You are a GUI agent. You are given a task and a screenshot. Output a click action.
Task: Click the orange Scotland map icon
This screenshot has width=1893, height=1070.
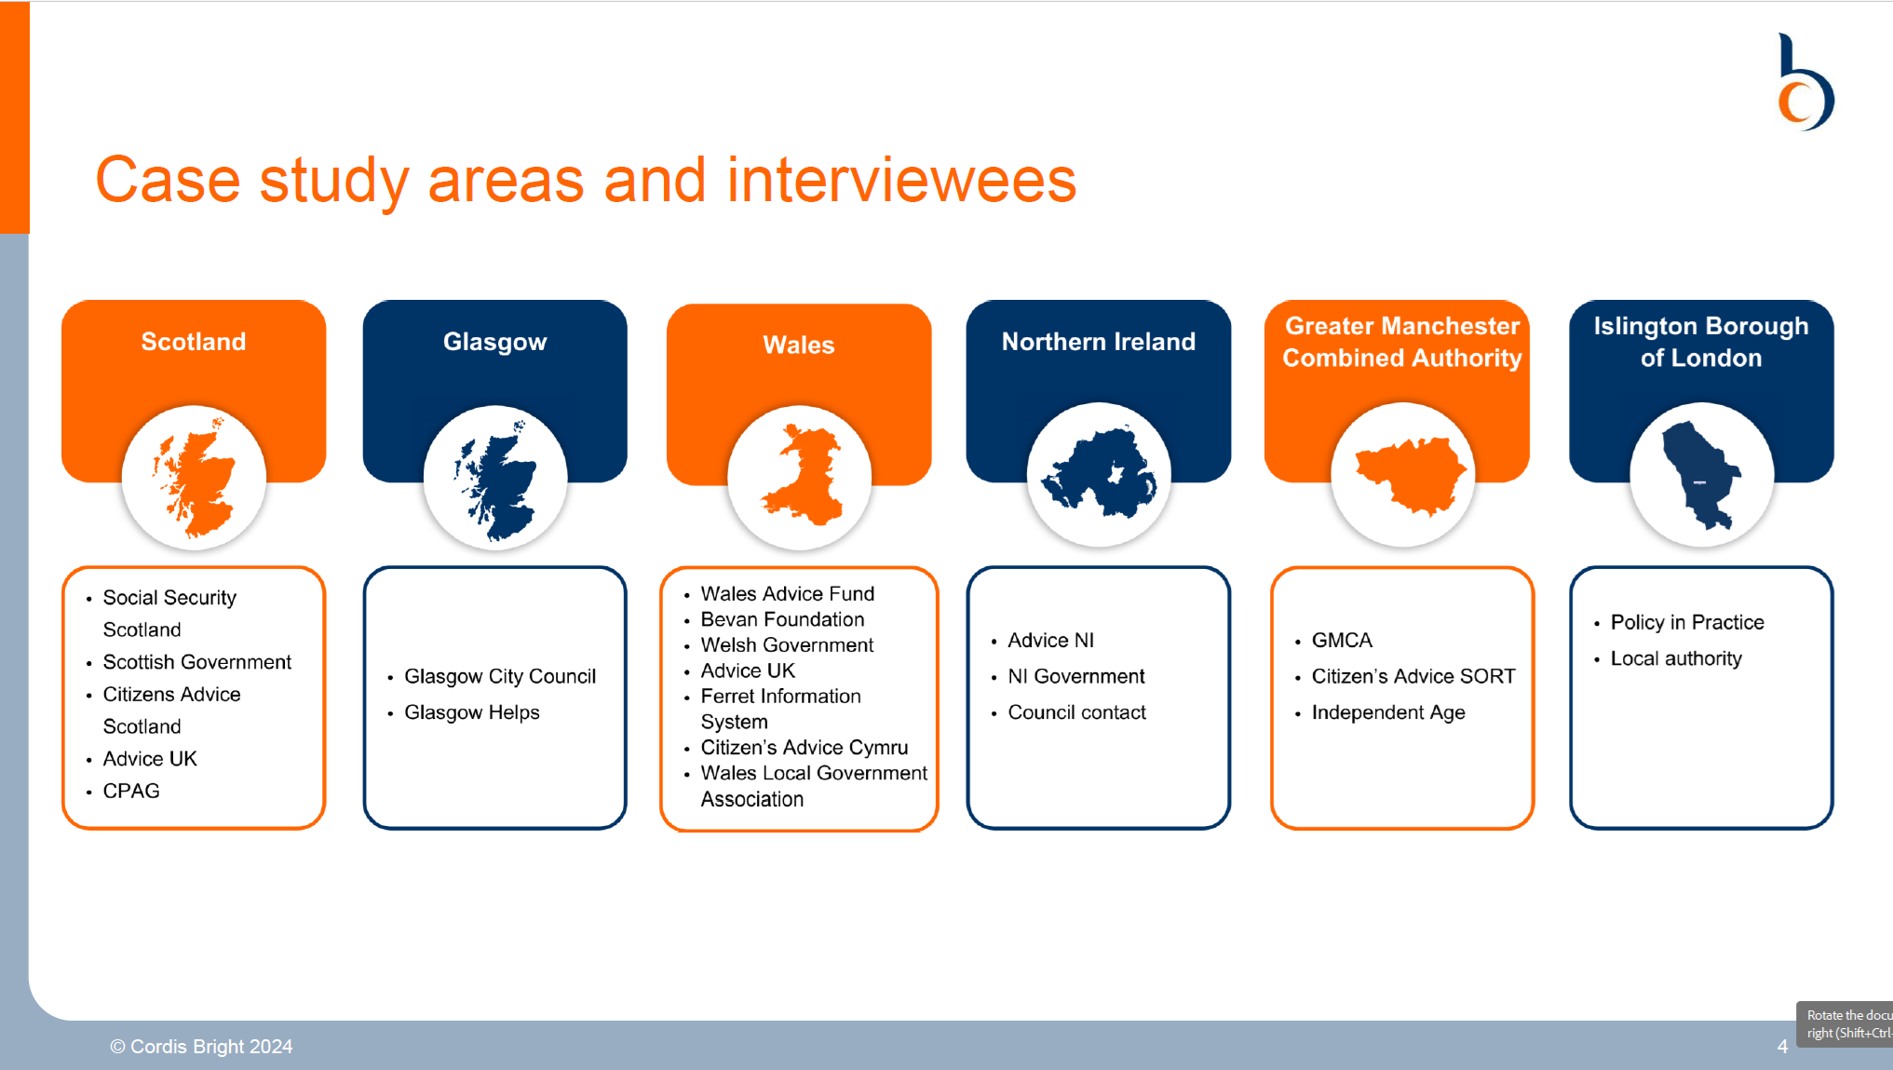[194, 477]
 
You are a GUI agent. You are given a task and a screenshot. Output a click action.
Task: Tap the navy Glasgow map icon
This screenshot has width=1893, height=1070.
[495, 479]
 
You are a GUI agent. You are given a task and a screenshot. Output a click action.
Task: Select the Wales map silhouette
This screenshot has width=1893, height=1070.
[801, 476]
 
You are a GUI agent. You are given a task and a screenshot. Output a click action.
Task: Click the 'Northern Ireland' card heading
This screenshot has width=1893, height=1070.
[1098, 342]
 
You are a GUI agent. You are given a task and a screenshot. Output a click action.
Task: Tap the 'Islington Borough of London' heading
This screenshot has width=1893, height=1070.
[1700, 342]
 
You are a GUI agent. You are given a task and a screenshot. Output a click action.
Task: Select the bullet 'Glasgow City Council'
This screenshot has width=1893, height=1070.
[499, 676]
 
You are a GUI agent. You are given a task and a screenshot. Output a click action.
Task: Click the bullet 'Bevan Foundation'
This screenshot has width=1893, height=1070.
[782, 619]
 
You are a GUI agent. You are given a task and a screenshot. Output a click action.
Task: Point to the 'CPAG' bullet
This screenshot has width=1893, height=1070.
[131, 791]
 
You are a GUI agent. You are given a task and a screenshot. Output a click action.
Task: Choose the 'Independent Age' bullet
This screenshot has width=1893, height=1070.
[1387, 712]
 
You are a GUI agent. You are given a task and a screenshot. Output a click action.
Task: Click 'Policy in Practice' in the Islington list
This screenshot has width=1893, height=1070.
[1686, 622]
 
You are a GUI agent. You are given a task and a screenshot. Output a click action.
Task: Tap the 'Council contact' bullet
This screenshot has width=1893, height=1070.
[1076, 712]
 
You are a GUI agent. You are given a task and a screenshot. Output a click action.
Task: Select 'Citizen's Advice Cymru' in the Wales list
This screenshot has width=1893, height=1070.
[804, 748]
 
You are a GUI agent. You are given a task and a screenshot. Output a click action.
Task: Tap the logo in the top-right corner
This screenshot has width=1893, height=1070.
[1804, 84]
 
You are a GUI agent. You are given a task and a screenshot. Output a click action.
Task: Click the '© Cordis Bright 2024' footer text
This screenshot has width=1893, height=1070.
[201, 1047]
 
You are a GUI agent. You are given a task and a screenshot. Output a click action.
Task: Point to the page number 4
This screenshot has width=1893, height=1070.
[1782, 1047]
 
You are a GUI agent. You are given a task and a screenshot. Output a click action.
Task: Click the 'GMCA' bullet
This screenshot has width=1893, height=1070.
[1342, 641]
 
